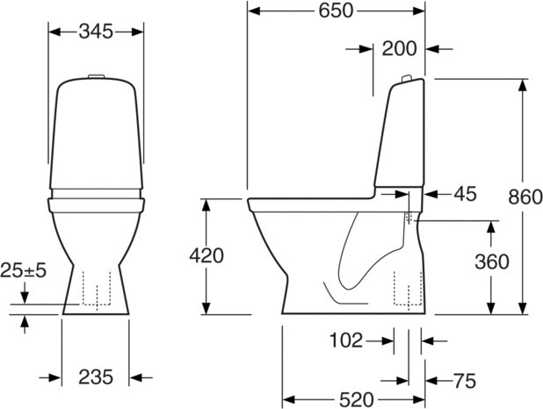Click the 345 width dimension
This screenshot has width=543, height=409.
click(x=96, y=32)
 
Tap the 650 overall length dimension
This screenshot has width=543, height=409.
click(x=336, y=11)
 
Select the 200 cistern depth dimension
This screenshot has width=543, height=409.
click(x=399, y=49)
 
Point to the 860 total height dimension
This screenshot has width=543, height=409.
click(x=525, y=197)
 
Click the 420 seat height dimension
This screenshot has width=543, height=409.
click(x=206, y=256)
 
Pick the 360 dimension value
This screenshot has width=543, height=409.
click(x=492, y=262)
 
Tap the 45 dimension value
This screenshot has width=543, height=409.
click(x=466, y=194)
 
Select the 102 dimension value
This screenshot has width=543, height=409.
click(x=346, y=341)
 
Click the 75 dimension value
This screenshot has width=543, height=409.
click(x=465, y=381)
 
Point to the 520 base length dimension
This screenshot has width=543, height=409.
click(x=357, y=400)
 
